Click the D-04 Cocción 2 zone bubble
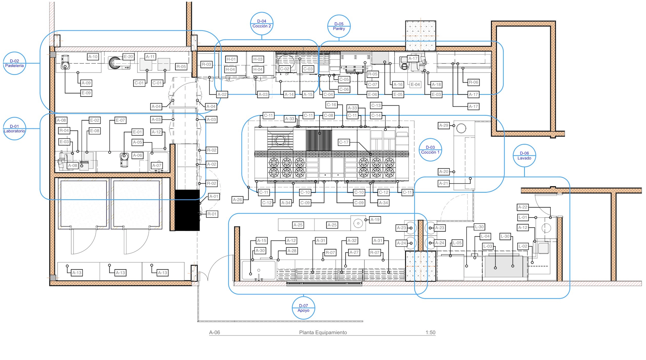click(x=262, y=24)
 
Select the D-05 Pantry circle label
click(x=339, y=26)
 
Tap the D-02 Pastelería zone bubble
click(x=14, y=63)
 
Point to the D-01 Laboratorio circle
click(x=14, y=129)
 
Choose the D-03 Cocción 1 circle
click(x=430, y=150)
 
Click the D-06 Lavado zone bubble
click(x=524, y=156)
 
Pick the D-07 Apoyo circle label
click(x=304, y=308)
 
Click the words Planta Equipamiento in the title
click(x=323, y=332)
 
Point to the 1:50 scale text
click(x=430, y=332)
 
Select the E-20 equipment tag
click(x=128, y=57)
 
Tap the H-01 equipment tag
click(x=231, y=59)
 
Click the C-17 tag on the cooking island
click(x=344, y=142)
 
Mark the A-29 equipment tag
click(x=444, y=126)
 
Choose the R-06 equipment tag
click(x=473, y=82)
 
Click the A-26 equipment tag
click(x=237, y=200)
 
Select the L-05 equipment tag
click(x=457, y=243)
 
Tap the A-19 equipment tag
click(x=375, y=220)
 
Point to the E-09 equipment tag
click(x=86, y=93)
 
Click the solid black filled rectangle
click(x=187, y=210)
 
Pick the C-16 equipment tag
click(x=331, y=105)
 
